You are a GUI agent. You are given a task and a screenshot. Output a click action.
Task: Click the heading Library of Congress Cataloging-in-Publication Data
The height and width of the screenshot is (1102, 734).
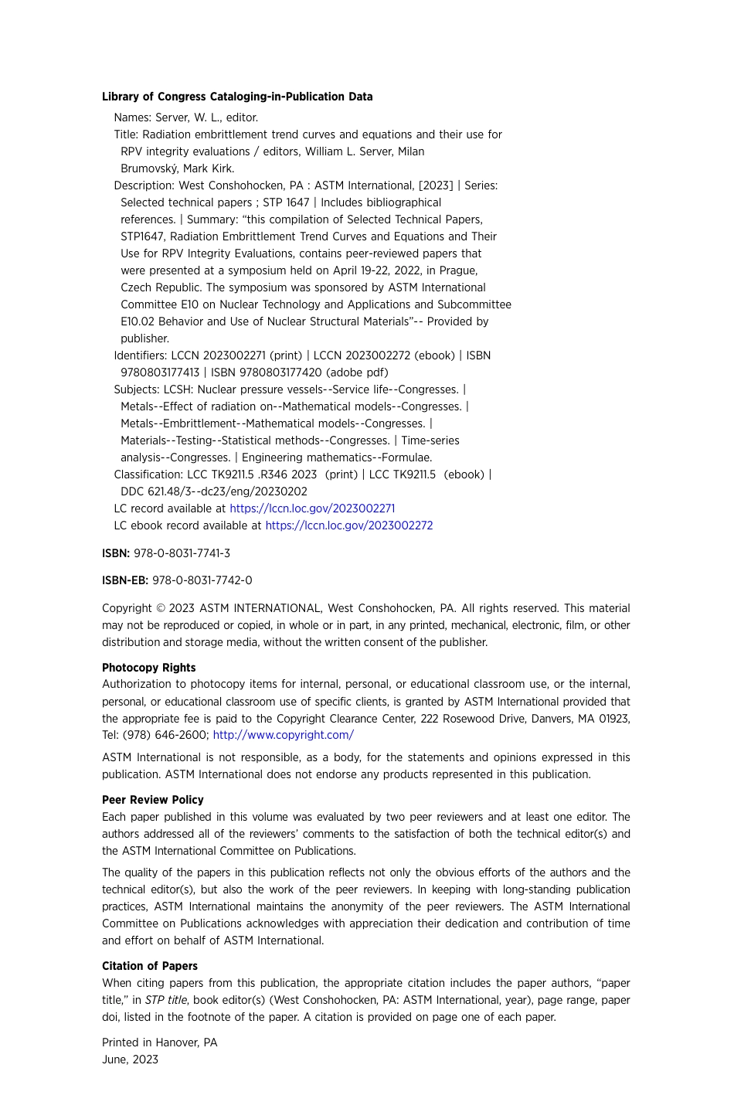(x=237, y=97)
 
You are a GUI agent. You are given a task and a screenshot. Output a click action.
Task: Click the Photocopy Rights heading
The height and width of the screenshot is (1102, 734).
(x=148, y=668)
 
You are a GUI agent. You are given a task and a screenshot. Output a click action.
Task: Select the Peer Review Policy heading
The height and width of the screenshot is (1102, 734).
(x=153, y=800)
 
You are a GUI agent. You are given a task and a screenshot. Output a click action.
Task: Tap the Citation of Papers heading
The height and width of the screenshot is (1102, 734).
(x=150, y=966)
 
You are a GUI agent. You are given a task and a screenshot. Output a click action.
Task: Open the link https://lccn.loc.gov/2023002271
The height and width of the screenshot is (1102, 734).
(x=312, y=508)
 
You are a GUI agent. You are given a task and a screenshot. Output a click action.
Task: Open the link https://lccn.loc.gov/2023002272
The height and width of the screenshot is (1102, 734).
(x=348, y=525)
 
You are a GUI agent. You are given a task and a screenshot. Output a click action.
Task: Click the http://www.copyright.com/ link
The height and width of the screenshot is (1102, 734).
(x=284, y=735)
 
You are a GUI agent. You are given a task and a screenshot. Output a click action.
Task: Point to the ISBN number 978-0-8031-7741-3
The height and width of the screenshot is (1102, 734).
(x=182, y=553)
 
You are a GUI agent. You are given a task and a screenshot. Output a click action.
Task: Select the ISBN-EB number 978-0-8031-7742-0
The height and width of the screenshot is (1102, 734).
(x=202, y=580)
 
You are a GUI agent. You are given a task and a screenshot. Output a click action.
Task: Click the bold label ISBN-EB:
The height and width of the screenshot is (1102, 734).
(x=124, y=580)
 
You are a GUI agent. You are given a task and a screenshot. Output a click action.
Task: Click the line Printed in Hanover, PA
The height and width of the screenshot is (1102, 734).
(x=160, y=1042)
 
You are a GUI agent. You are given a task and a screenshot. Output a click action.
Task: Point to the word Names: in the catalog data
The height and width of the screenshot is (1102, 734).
(x=133, y=117)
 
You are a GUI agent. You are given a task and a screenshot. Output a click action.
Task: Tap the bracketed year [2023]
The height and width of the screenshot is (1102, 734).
(x=435, y=185)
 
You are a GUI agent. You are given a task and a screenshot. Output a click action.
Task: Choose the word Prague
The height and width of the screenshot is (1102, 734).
(x=458, y=270)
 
